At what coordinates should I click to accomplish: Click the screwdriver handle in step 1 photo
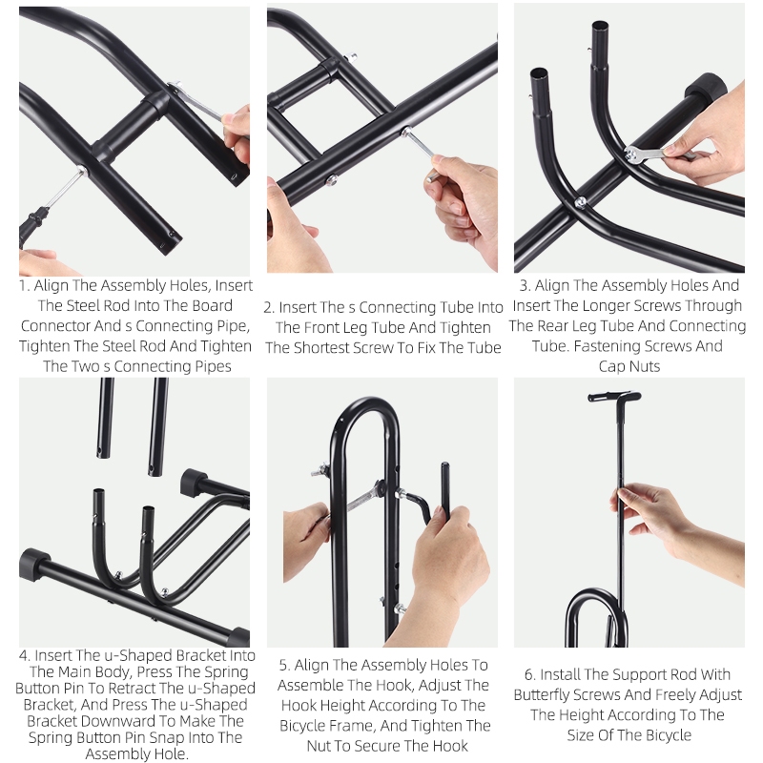click(33, 225)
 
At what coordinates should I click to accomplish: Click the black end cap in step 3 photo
click(705, 89)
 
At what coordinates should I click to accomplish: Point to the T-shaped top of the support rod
click(614, 397)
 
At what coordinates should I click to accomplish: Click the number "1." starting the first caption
click(25, 285)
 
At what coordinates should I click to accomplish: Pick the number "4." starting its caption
click(25, 655)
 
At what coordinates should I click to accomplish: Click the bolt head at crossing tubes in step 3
click(580, 202)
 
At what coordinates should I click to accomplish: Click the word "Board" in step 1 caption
click(212, 305)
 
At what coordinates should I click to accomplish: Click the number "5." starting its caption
click(284, 665)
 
